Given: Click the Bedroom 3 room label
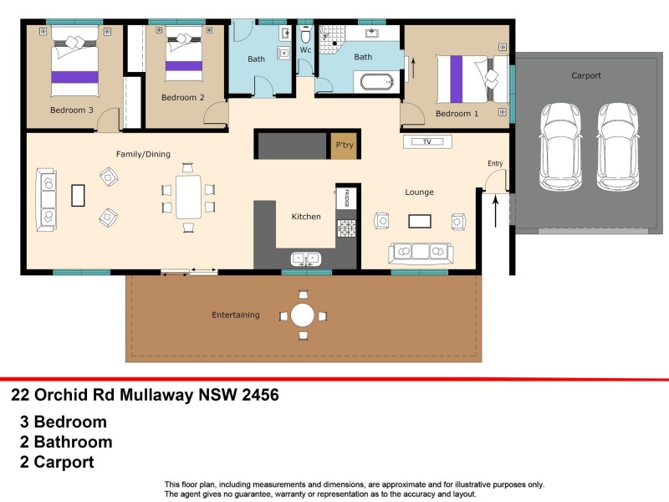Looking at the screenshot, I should tap(71, 110).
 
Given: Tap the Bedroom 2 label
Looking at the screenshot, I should tap(182, 98).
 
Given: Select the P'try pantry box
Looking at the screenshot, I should tap(344, 146).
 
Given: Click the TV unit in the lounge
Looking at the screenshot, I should tap(426, 142).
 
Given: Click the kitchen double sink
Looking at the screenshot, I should tap(304, 258).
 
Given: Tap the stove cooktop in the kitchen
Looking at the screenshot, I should tap(345, 228).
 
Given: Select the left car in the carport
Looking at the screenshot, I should tap(557, 145).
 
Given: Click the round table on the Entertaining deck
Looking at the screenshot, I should tap(303, 315).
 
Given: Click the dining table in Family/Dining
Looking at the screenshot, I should tap(188, 196).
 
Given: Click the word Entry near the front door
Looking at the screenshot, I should tap(495, 164).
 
